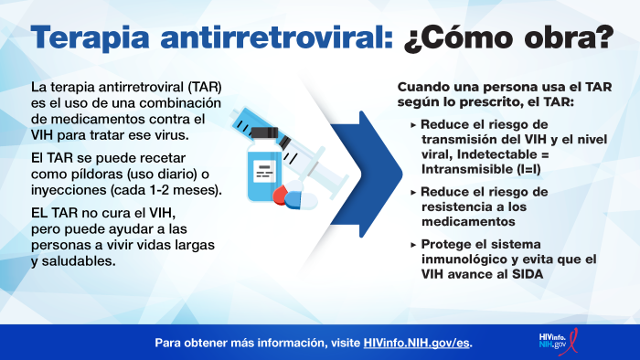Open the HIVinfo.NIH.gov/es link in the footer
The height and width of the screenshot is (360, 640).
[417, 344]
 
